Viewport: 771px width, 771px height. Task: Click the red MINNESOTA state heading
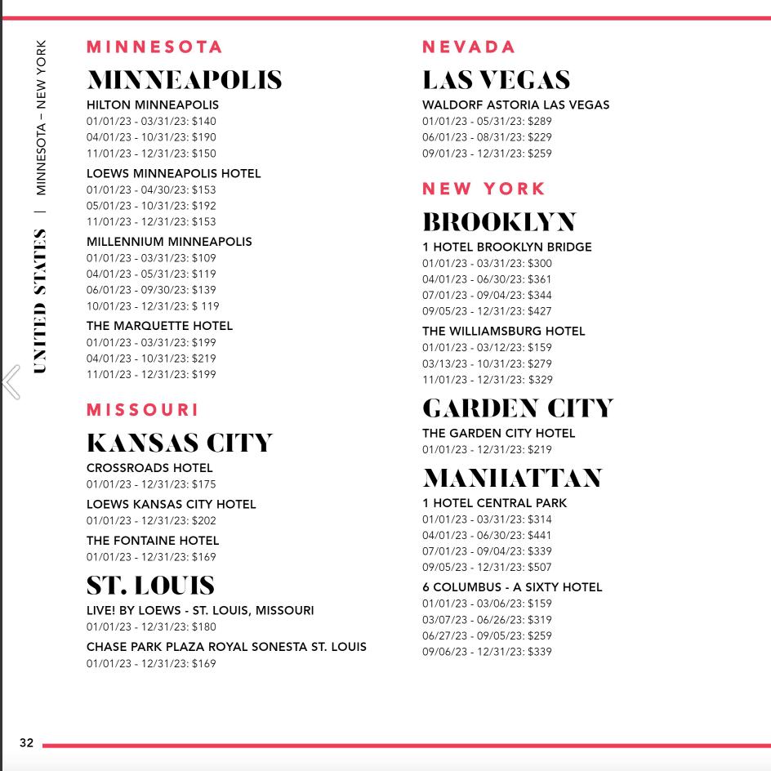coord(154,47)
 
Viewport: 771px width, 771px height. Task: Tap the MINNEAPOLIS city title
coord(185,80)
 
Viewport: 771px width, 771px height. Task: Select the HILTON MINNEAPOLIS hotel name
coord(153,105)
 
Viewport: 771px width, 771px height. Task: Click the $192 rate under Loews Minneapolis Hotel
coord(204,206)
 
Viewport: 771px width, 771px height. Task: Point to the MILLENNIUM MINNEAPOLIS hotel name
coord(169,242)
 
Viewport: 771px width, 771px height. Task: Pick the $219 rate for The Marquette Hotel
coord(204,359)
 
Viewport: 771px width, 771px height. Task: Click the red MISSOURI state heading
coord(143,410)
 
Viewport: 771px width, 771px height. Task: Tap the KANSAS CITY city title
coord(179,443)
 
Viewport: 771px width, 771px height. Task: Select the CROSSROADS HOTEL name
coord(149,468)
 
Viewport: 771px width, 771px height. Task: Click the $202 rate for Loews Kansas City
coord(204,521)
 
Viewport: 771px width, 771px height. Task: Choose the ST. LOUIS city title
coord(150,586)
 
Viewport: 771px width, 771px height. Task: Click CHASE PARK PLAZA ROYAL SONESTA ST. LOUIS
coord(226,647)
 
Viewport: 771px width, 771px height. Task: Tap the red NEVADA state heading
coord(469,47)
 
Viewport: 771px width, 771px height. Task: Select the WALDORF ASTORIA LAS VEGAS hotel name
coord(515,105)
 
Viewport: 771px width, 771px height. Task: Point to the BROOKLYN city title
coord(499,222)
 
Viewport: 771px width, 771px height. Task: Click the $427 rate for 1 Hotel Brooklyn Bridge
coord(540,311)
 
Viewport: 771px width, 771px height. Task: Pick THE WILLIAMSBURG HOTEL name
coord(503,331)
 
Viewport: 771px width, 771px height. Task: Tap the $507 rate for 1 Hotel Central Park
coord(540,568)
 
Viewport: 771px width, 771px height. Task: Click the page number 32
coord(27,743)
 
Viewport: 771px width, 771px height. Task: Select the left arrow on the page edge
coord(11,381)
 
